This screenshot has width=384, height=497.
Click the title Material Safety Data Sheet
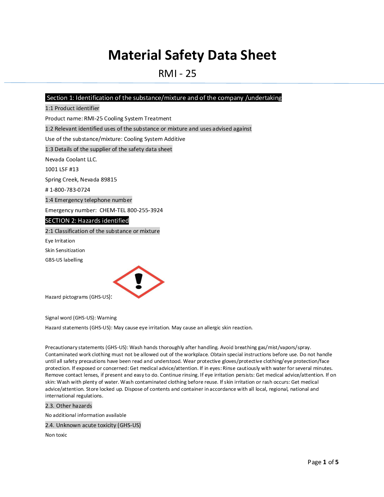point(192,55)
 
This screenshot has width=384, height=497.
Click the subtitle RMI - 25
point(177,74)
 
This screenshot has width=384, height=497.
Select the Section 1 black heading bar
point(163,98)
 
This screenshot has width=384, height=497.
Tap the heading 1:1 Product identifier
point(72,108)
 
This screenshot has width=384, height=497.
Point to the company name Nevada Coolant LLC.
point(71,160)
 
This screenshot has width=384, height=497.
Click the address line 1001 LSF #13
point(62,169)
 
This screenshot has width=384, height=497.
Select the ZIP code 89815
point(109,180)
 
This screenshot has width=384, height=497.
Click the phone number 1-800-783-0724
point(70,190)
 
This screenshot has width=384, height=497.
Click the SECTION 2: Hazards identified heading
point(87,221)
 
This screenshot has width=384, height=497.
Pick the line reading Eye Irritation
point(60,241)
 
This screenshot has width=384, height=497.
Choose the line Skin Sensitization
point(65,251)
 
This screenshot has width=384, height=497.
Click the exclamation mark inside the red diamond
point(139,281)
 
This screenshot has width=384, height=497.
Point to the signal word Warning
point(107,318)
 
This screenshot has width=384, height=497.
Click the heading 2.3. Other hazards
point(68,406)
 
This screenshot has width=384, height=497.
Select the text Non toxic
point(56,435)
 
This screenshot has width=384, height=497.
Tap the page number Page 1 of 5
point(323,462)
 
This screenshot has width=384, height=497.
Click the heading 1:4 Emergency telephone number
point(89,200)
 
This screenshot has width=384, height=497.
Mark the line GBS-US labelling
point(64,260)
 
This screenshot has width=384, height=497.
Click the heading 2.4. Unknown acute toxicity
point(93,425)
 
